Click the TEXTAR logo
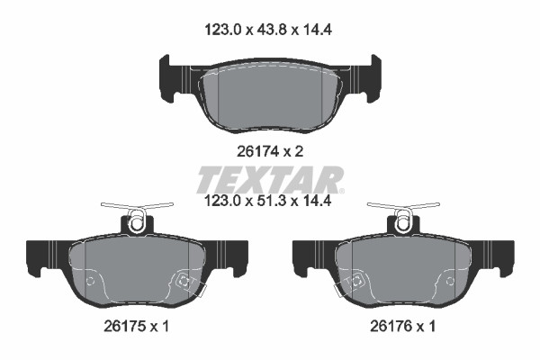(270, 179)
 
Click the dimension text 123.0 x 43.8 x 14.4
(268, 30)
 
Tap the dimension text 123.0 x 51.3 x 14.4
(268, 201)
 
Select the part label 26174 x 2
(270, 151)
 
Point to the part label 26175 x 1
(137, 326)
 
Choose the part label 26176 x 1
(402, 326)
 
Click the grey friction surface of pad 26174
(271, 98)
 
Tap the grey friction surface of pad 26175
(137, 270)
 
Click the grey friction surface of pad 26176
(403, 270)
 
